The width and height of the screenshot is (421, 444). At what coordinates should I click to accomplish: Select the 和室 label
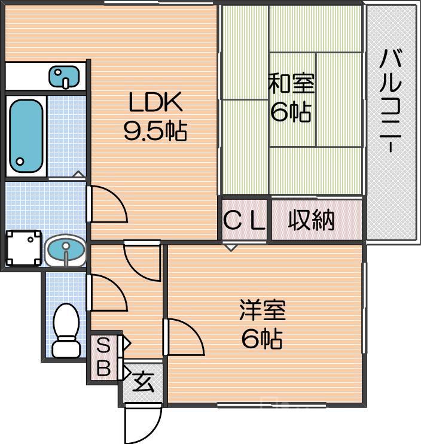(291, 84)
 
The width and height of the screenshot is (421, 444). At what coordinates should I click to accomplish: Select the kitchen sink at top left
(64, 76)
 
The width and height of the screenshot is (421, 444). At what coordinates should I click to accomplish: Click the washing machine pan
(23, 248)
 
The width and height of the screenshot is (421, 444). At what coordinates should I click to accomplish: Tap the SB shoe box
(103, 357)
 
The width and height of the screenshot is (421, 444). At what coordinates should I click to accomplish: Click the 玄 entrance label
(143, 381)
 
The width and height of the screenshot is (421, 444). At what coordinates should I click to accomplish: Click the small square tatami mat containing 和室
(292, 99)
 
